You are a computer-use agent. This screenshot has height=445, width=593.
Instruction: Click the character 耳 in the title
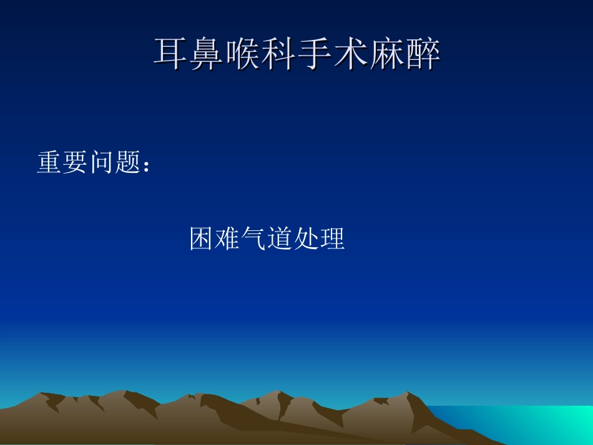click(x=172, y=54)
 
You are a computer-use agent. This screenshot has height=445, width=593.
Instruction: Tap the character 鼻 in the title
click(x=208, y=54)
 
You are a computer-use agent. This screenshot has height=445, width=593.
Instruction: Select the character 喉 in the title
click(x=244, y=54)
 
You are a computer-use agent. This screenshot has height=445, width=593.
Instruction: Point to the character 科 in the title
click(x=280, y=54)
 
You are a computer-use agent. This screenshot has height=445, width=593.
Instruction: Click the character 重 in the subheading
click(x=49, y=163)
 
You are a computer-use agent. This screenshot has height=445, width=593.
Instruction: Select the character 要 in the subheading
click(x=76, y=163)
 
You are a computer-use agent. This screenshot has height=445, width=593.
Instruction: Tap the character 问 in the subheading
click(x=102, y=163)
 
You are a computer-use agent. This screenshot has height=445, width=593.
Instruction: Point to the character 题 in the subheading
click(x=128, y=163)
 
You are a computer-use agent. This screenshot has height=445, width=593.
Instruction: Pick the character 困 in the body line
click(x=202, y=239)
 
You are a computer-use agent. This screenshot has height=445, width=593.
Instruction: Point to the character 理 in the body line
click(x=333, y=239)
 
